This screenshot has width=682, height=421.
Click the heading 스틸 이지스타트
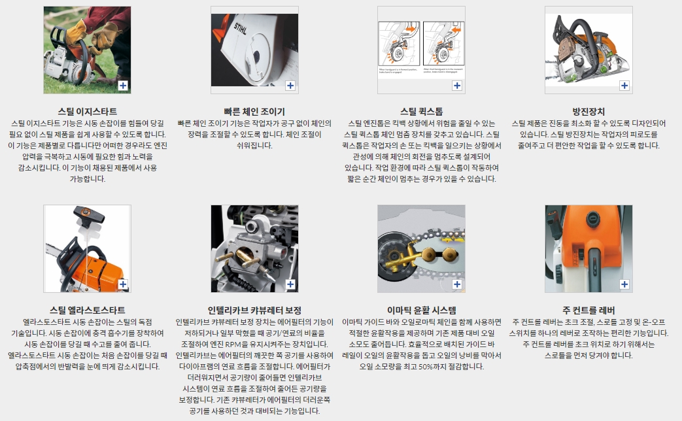(87, 111)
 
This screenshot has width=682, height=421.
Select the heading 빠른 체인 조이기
(254, 111)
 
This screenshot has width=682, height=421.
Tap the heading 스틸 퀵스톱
(422, 111)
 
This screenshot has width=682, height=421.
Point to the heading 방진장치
(588, 111)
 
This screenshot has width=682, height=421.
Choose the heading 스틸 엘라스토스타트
(87, 310)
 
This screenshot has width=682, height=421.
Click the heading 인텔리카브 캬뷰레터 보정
(254, 310)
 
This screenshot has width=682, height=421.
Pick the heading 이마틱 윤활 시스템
(422, 310)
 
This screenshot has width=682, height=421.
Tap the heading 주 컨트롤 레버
(588, 310)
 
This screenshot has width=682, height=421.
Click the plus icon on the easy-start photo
(123, 86)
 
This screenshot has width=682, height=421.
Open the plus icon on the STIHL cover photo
(290, 86)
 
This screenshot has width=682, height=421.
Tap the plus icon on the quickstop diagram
(456, 86)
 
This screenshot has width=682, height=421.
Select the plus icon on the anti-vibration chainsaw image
(624, 86)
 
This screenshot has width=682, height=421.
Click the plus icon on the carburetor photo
(290, 284)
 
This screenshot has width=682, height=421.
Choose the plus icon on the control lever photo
(624, 284)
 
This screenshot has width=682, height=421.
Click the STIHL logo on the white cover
(240, 29)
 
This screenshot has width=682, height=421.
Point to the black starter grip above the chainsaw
(88, 213)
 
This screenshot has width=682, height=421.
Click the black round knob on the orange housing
(592, 219)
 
